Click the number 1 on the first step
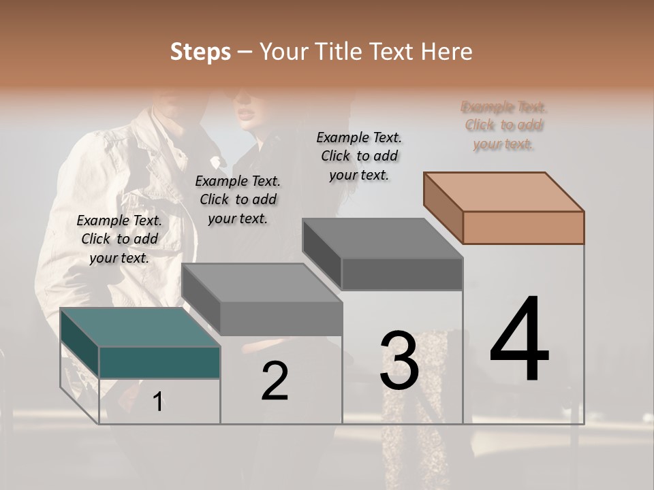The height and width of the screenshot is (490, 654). click(x=157, y=402)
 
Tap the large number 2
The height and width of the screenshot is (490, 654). click(x=275, y=381)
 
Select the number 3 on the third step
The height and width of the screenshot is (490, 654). click(x=399, y=360)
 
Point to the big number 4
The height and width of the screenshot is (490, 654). click(x=519, y=340)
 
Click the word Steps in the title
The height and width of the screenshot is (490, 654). click(x=200, y=52)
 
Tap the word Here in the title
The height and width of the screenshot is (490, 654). click(x=448, y=52)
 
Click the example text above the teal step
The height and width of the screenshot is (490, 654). click(x=119, y=239)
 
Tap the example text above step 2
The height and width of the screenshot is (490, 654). click(x=238, y=199)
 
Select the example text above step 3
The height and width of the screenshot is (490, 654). click(x=359, y=156)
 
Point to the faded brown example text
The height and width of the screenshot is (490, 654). click(x=503, y=125)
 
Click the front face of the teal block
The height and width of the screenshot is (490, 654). click(x=159, y=362)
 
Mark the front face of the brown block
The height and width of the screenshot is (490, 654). click(x=523, y=227)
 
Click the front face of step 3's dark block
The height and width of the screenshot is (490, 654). click(x=402, y=274)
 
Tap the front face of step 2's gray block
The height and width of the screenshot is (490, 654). click(x=281, y=318)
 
